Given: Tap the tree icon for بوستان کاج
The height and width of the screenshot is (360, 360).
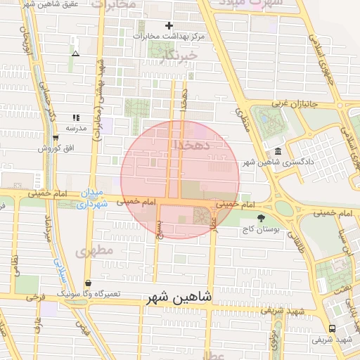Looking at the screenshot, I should point(262,219).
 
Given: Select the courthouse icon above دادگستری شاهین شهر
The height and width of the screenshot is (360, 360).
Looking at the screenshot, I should point(278,152).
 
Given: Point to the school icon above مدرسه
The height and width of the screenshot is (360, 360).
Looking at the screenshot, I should point(75,118).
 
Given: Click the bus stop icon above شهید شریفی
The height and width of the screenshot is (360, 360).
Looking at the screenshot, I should point(331,328).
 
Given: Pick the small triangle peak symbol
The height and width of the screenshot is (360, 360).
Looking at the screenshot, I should point(75,53).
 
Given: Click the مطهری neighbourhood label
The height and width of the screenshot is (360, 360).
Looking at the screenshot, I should point(96,250).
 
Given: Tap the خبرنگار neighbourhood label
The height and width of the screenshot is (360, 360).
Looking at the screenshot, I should point(174,53).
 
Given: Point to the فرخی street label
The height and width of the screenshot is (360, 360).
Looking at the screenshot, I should point(32,297).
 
